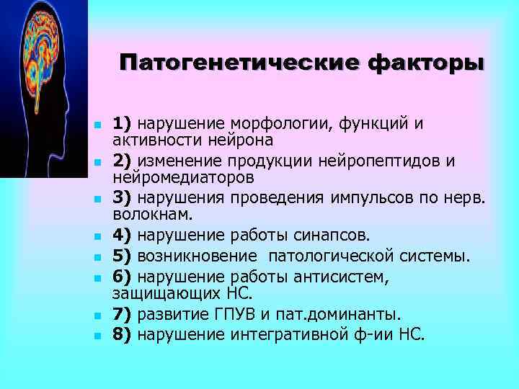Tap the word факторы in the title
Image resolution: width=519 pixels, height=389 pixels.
(426, 63)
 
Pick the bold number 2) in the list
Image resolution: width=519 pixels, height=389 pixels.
(123, 160)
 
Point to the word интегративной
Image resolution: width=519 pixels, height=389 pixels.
(285, 335)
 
